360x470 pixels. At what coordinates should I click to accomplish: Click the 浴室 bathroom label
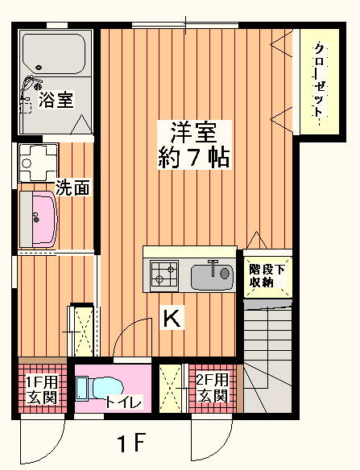[56, 100]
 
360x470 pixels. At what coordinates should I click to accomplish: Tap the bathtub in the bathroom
[54, 54]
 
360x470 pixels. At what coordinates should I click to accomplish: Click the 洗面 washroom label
[72, 188]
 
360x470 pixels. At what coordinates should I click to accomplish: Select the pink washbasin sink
[44, 219]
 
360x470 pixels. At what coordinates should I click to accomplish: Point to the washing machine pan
[38, 163]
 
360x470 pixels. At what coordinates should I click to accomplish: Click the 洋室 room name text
[194, 132]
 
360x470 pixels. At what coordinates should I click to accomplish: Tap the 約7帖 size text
[194, 157]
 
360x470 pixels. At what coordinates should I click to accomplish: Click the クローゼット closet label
[320, 84]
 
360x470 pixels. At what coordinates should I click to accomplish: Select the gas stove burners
[164, 274]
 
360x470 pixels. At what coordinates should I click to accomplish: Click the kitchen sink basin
[212, 277]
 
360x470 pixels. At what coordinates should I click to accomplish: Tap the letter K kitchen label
[172, 319]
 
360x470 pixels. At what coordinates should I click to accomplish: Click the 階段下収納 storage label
[267, 276]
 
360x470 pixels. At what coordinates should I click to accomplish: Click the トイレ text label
[123, 402]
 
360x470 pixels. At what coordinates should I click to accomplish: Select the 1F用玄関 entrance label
[42, 389]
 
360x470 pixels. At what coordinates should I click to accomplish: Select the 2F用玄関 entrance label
[213, 387]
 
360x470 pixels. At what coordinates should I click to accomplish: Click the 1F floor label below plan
[131, 443]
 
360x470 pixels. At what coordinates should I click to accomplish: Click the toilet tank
[82, 389]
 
